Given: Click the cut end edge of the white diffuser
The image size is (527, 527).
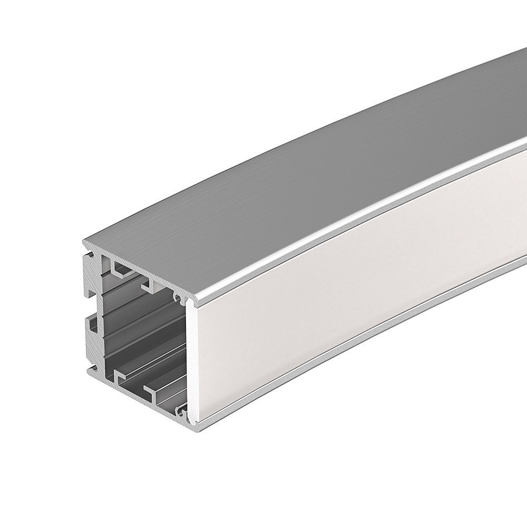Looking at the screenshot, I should [192, 364].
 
